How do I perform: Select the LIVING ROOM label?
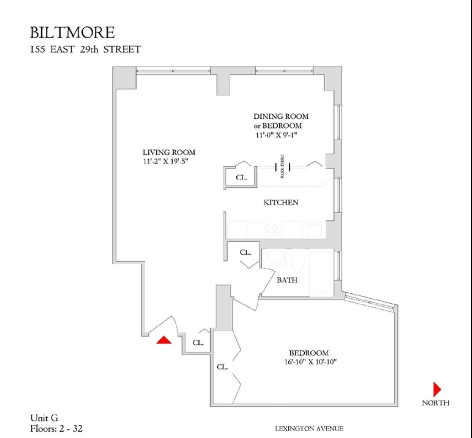[169, 152]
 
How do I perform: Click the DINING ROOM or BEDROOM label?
[281, 121]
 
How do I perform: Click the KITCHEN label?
[281, 202]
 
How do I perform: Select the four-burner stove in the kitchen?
[271, 229]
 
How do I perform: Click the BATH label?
[287, 280]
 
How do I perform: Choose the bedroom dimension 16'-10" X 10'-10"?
[309, 362]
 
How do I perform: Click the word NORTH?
[435, 403]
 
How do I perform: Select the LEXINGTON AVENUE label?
[309, 429]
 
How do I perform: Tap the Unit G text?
[44, 418]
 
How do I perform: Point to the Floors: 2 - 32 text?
[56, 429]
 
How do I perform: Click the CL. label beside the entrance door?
[198, 343]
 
